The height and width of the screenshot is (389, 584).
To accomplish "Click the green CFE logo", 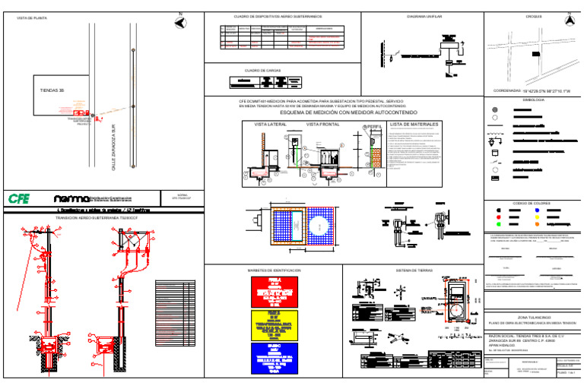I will [18, 198].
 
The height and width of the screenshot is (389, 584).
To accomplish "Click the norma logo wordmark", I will [52, 198].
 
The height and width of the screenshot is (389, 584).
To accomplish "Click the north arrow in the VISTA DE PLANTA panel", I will [179, 22].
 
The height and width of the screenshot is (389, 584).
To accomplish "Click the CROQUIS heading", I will [533, 15].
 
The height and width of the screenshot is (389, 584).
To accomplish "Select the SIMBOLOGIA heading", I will [533, 100].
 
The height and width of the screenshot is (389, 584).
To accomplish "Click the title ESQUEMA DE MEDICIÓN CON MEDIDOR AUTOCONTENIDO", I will [344, 112].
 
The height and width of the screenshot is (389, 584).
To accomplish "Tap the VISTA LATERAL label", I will [270, 123].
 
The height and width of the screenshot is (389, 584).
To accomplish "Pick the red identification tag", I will [275, 291].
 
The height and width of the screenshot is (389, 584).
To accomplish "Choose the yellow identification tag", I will [275, 325].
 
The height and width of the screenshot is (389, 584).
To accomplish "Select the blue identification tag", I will [275, 357].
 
